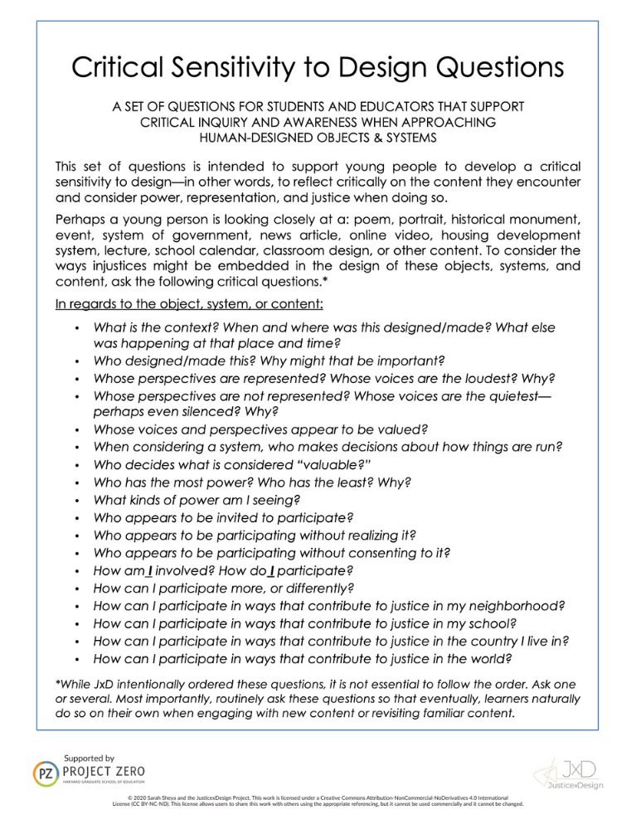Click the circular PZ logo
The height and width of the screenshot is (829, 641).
pos(44,775)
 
